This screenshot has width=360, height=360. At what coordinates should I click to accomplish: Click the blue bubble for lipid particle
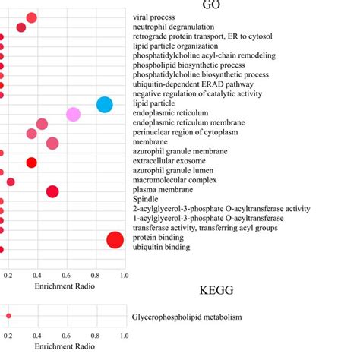point(105,105)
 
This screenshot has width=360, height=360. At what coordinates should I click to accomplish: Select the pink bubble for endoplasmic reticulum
point(73,115)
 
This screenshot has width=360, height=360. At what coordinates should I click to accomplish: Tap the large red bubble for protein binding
point(115,240)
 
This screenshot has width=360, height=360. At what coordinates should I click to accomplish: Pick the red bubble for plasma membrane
point(52,191)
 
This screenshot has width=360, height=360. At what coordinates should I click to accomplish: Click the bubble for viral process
point(31,17)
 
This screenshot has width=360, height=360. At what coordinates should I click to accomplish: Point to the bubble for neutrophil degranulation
point(21,27)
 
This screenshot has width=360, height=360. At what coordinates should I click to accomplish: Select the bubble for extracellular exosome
point(31,163)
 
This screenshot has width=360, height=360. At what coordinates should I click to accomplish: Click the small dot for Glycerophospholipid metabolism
point(8,316)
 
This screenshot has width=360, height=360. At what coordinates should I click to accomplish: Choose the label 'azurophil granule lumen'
point(176,172)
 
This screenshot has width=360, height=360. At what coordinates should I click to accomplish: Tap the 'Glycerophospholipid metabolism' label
point(187,317)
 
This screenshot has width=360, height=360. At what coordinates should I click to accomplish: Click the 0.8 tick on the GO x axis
point(96,276)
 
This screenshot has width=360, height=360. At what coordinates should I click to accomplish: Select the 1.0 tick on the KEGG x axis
point(124,335)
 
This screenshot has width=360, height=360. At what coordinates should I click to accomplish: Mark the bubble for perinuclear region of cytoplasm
point(31,134)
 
